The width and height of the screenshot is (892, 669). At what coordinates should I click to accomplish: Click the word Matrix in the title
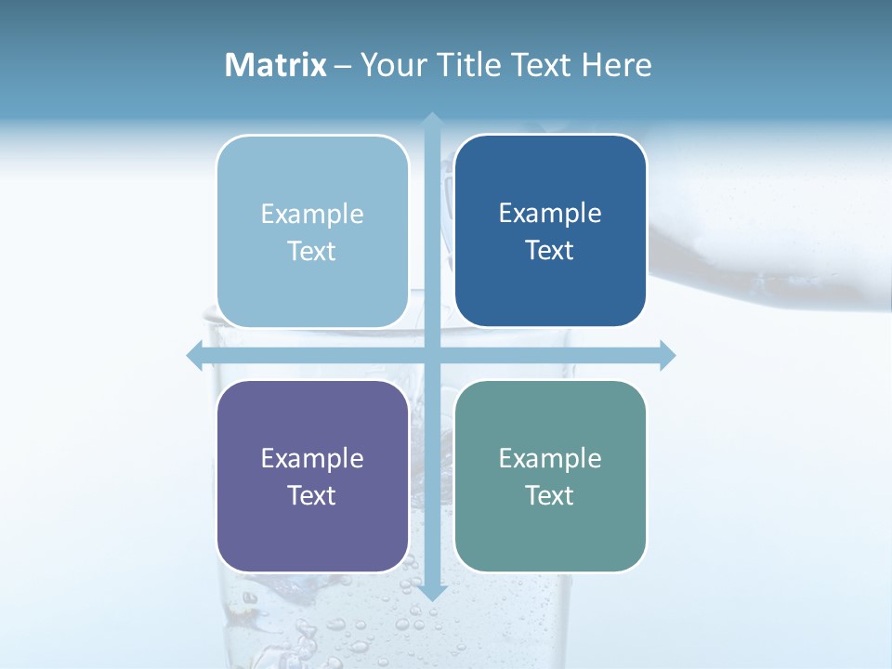coord(276,65)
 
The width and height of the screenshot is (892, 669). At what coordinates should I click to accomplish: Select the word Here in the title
coord(616,65)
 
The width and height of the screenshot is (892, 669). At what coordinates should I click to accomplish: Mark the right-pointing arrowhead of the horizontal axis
coord(667,355)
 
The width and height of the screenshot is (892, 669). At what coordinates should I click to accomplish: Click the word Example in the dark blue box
coord(550,214)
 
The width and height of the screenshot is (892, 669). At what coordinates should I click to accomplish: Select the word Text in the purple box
coord(311,495)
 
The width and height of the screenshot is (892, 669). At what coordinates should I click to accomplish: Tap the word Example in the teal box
coord(550,458)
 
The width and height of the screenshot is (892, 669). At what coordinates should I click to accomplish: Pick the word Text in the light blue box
coord(311,251)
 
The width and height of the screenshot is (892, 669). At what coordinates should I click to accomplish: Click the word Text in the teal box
coord(550,495)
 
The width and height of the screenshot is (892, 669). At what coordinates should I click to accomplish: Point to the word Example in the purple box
coord(311,458)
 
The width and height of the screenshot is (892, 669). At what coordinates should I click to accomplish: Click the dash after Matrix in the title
coord(343,66)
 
